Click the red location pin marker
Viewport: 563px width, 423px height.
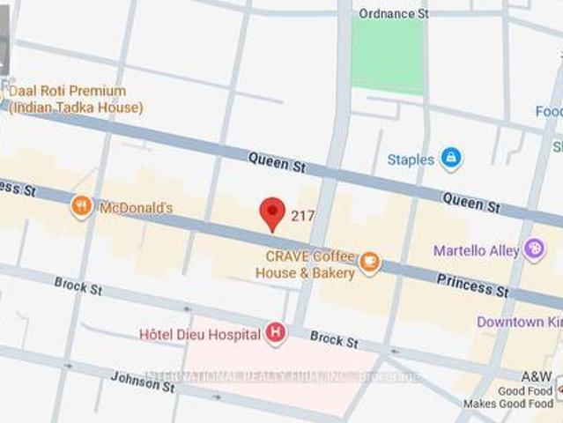(x=273, y=213)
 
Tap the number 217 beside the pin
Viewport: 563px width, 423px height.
(x=302, y=216)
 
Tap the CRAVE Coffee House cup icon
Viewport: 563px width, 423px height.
(x=370, y=261)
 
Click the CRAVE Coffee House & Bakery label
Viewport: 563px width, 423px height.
(x=305, y=263)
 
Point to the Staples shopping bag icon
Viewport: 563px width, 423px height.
(x=451, y=159)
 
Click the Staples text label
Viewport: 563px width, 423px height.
(x=411, y=160)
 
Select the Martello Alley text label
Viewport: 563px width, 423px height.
(x=476, y=251)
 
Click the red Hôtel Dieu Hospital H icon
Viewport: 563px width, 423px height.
(x=277, y=333)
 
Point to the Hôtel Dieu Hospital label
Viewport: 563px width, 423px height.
(x=200, y=334)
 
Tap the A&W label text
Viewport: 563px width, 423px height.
(x=536, y=376)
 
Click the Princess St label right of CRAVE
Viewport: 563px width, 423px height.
(x=472, y=283)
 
